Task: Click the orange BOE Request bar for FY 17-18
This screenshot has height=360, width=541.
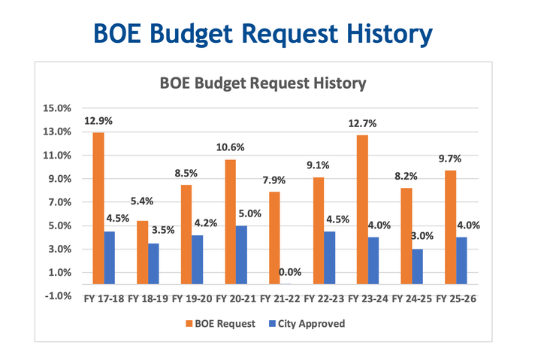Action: coord(98,208)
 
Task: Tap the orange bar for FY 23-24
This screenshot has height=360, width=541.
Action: coord(362,210)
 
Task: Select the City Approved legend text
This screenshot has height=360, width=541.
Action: coord(316,324)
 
